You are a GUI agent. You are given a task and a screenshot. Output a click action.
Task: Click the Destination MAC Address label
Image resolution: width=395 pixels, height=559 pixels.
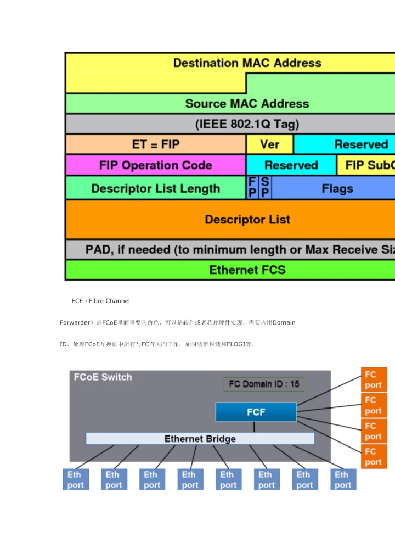pyautogui.click(x=247, y=63)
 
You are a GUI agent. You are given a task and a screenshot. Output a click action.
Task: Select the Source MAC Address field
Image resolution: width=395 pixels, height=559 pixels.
pyautogui.click(x=247, y=103)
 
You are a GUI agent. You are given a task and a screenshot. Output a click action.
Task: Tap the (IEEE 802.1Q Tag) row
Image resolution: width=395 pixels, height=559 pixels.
pyautogui.click(x=247, y=124)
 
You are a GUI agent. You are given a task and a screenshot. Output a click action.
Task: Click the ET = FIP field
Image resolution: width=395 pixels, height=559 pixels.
pyautogui.click(x=156, y=144)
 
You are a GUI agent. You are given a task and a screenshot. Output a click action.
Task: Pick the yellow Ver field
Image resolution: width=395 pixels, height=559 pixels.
pyautogui.click(x=269, y=144)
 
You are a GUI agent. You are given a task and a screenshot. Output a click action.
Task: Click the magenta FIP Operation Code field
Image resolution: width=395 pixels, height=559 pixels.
pyautogui.click(x=156, y=165)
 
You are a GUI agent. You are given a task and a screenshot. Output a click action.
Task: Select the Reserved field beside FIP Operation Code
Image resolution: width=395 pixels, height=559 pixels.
pyautogui.click(x=291, y=165)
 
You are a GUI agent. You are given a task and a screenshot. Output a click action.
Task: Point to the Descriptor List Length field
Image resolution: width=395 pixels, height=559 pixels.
pyautogui.click(x=156, y=188)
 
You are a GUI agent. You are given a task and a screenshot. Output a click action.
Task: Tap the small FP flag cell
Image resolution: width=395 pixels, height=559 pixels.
pyautogui.click(x=252, y=188)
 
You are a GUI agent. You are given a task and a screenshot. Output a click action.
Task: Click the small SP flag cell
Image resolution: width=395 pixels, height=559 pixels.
pyautogui.click(x=265, y=188)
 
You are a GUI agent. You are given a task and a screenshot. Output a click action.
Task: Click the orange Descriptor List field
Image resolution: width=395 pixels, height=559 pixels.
pyautogui.click(x=247, y=219)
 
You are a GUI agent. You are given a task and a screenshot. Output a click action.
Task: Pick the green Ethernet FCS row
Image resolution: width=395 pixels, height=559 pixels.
pyautogui.click(x=247, y=270)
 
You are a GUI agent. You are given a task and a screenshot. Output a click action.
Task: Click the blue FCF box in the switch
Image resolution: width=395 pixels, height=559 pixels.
pyautogui.click(x=256, y=412)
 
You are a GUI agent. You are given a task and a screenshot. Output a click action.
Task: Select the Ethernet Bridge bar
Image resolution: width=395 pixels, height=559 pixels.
pyautogui.click(x=200, y=439)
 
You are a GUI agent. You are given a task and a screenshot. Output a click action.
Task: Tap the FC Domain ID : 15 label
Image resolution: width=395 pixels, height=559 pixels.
pyautogui.click(x=264, y=384)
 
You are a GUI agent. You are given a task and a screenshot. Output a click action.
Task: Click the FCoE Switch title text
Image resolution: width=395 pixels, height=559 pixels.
pyautogui.click(x=103, y=377)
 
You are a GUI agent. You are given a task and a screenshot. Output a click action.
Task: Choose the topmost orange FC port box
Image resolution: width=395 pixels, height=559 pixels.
pyautogui.click(x=374, y=379)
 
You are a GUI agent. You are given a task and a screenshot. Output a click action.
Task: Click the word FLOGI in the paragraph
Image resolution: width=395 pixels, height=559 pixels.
pyautogui.click(x=235, y=344)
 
